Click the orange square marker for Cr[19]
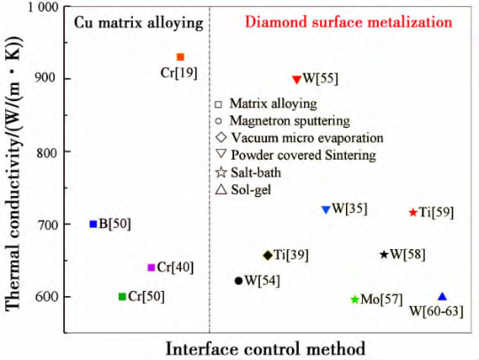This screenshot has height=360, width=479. (x=180, y=57)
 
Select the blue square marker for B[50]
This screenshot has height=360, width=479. (x=93, y=224)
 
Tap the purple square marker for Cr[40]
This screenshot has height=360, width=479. (x=151, y=268)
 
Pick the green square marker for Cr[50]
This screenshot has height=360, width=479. (x=122, y=296)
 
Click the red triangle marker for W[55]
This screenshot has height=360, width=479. (x=297, y=80)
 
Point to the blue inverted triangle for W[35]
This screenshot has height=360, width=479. (x=326, y=210)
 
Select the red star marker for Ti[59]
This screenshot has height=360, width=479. (x=413, y=212)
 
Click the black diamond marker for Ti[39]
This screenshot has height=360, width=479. (x=268, y=255)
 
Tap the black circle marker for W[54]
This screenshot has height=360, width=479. (x=239, y=281)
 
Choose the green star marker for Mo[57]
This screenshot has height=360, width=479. (x=355, y=300)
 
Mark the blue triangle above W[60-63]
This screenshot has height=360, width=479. (x=443, y=296)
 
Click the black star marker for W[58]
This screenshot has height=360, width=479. (x=384, y=254)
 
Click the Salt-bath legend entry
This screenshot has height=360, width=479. (x=248, y=173)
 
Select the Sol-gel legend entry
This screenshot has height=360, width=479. (x=243, y=190)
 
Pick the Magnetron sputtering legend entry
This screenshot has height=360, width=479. (x=283, y=121)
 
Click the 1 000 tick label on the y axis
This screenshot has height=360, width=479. (x=43, y=7)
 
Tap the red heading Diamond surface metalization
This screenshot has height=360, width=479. (x=349, y=22)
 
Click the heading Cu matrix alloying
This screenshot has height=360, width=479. (x=139, y=23)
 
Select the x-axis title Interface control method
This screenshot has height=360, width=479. (x=266, y=348)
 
